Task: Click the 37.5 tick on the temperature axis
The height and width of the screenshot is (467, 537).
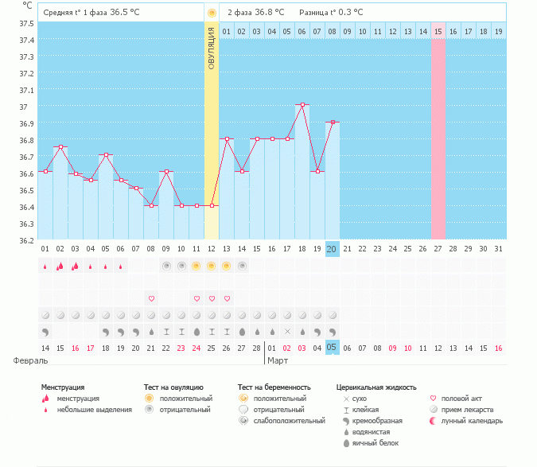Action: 26,23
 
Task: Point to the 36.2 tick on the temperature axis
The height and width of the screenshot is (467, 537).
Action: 26,239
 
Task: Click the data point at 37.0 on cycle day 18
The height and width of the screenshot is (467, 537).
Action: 302,104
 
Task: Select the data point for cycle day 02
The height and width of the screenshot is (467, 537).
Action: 60,146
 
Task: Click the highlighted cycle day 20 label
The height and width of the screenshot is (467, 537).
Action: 333,249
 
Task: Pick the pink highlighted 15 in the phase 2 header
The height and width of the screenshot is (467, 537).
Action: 438,31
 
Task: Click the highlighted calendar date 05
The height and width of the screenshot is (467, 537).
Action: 333,347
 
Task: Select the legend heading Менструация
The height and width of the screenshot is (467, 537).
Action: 63,387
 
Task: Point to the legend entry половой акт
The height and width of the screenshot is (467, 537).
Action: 463,399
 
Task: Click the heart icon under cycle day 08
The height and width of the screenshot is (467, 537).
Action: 151,298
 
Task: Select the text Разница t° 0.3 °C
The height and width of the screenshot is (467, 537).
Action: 331,13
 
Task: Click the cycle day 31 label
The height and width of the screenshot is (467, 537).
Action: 499,249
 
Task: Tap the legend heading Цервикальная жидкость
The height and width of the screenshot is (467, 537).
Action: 376,387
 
